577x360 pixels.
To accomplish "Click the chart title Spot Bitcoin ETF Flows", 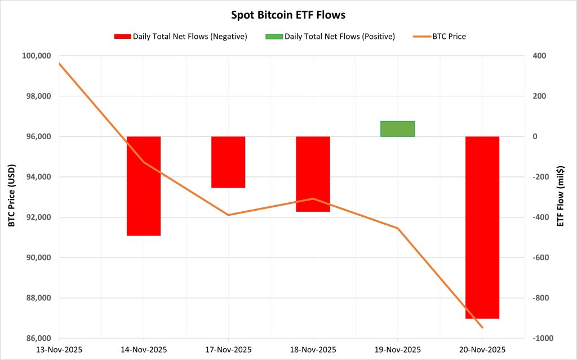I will (x=288, y=15).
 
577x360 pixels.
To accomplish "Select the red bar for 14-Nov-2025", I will (x=144, y=186).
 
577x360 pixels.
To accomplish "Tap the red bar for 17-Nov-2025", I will (x=228, y=162).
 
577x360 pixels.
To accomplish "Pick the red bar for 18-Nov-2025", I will (x=313, y=174).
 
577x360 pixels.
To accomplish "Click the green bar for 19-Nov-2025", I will (x=397, y=129).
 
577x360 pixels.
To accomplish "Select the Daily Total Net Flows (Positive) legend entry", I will (x=331, y=37).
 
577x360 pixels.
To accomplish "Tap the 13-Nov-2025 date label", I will (x=59, y=349).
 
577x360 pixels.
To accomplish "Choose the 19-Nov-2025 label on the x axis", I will (x=397, y=349).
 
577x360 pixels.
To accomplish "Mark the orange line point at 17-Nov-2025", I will (x=228, y=215).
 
